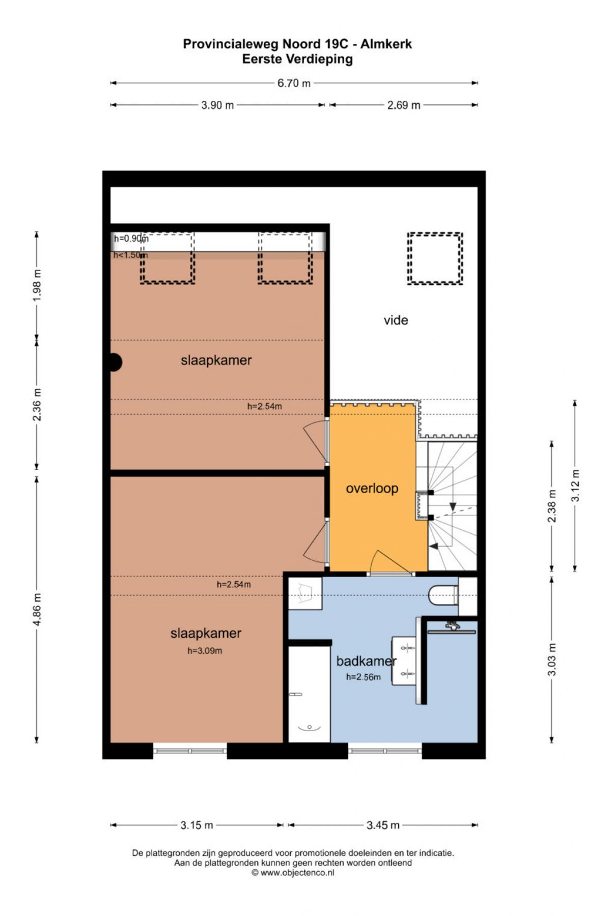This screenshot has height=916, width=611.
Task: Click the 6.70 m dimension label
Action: tap(294, 83)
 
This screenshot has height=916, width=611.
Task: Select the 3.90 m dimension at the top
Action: tap(217, 105)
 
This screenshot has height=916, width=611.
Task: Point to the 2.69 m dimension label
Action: tap(404, 105)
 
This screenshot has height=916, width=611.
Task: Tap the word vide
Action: tap(396, 320)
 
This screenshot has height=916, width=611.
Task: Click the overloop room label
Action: tap(372, 489)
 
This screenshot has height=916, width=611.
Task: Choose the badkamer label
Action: tap(366, 661)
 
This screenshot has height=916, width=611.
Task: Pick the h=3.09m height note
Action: tap(205, 650)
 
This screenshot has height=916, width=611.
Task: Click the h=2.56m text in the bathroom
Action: tap(363, 677)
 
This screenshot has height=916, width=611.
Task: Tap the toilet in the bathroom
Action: tap(443, 595)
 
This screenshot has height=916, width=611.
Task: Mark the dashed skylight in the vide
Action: tap(435, 259)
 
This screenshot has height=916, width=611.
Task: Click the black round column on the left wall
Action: tap(114, 362)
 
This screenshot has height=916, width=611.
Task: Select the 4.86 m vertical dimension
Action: tap(37, 609)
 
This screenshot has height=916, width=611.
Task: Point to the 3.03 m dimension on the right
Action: tap(551, 660)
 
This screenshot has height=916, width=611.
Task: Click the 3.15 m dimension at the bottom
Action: tap(197, 825)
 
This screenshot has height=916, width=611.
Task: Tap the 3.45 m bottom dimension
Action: tap(383, 825)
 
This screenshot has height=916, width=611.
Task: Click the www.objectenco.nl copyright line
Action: tap(293, 872)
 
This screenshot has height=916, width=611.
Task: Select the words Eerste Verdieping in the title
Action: tap(297, 59)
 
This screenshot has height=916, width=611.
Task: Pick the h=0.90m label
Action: tap(131, 238)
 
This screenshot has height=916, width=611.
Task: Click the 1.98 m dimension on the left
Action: tap(37, 285)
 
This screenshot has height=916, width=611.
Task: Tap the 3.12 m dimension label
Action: tap(575, 485)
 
